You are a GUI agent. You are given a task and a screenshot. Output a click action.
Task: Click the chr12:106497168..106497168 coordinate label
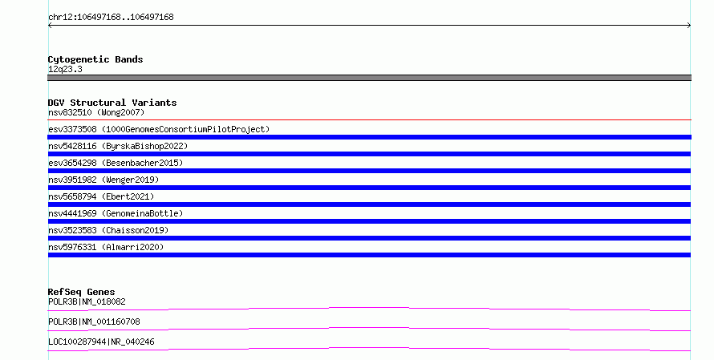111,18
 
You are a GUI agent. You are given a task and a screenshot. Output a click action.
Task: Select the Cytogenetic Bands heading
95,59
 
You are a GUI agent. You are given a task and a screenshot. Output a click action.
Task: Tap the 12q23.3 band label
65,69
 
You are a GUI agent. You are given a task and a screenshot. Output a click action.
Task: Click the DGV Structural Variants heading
112,103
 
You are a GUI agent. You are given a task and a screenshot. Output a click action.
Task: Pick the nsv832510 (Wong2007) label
96,112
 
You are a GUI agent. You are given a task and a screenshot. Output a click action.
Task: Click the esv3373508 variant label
159,129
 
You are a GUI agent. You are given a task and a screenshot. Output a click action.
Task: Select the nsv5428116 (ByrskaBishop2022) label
118,146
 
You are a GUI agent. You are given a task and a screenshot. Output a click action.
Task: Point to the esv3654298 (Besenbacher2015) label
116,163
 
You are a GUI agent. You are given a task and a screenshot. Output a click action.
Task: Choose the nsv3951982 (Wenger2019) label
103,180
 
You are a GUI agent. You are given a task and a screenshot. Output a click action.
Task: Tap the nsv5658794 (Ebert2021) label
101,196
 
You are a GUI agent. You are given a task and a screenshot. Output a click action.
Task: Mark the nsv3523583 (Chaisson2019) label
108,230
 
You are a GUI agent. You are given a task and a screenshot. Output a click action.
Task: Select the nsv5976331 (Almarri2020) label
106,247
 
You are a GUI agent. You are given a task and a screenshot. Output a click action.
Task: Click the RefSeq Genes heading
82,292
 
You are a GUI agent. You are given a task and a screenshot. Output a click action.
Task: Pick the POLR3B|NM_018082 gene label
87,301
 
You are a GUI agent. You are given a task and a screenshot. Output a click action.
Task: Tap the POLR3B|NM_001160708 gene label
94,322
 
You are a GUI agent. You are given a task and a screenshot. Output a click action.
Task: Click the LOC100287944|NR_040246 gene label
101,342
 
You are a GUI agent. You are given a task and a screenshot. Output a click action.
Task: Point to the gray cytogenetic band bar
369,78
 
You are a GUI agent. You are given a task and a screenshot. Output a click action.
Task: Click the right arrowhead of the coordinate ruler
689,26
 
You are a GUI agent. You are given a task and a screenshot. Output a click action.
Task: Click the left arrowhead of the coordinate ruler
50,26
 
